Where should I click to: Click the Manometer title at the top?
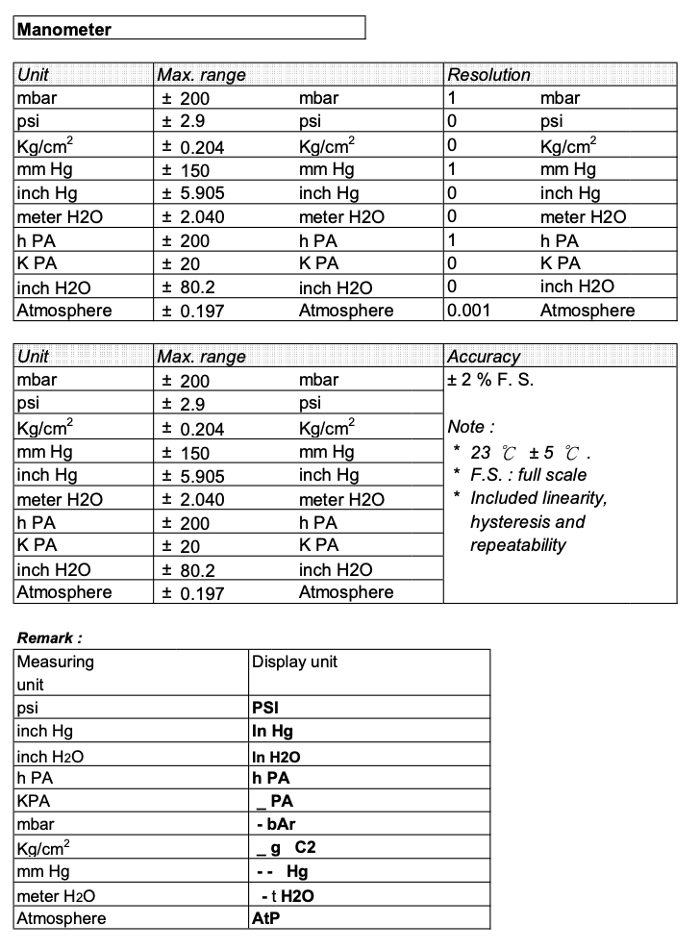coord(64,29)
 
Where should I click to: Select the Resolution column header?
coord(488,75)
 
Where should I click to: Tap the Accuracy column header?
coord(484,357)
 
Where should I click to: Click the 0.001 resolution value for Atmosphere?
coord(467,310)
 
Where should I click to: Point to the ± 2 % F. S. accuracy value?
coord(490,380)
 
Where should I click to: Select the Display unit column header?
coord(294,662)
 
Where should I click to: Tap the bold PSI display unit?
coord(265,709)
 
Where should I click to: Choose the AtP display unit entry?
coord(265,918)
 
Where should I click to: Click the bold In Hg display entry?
coord(272,732)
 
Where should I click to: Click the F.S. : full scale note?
coord(528,474)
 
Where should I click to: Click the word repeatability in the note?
coord(518,545)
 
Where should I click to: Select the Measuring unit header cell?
coord(55,673)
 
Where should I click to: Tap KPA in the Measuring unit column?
coord(33,802)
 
